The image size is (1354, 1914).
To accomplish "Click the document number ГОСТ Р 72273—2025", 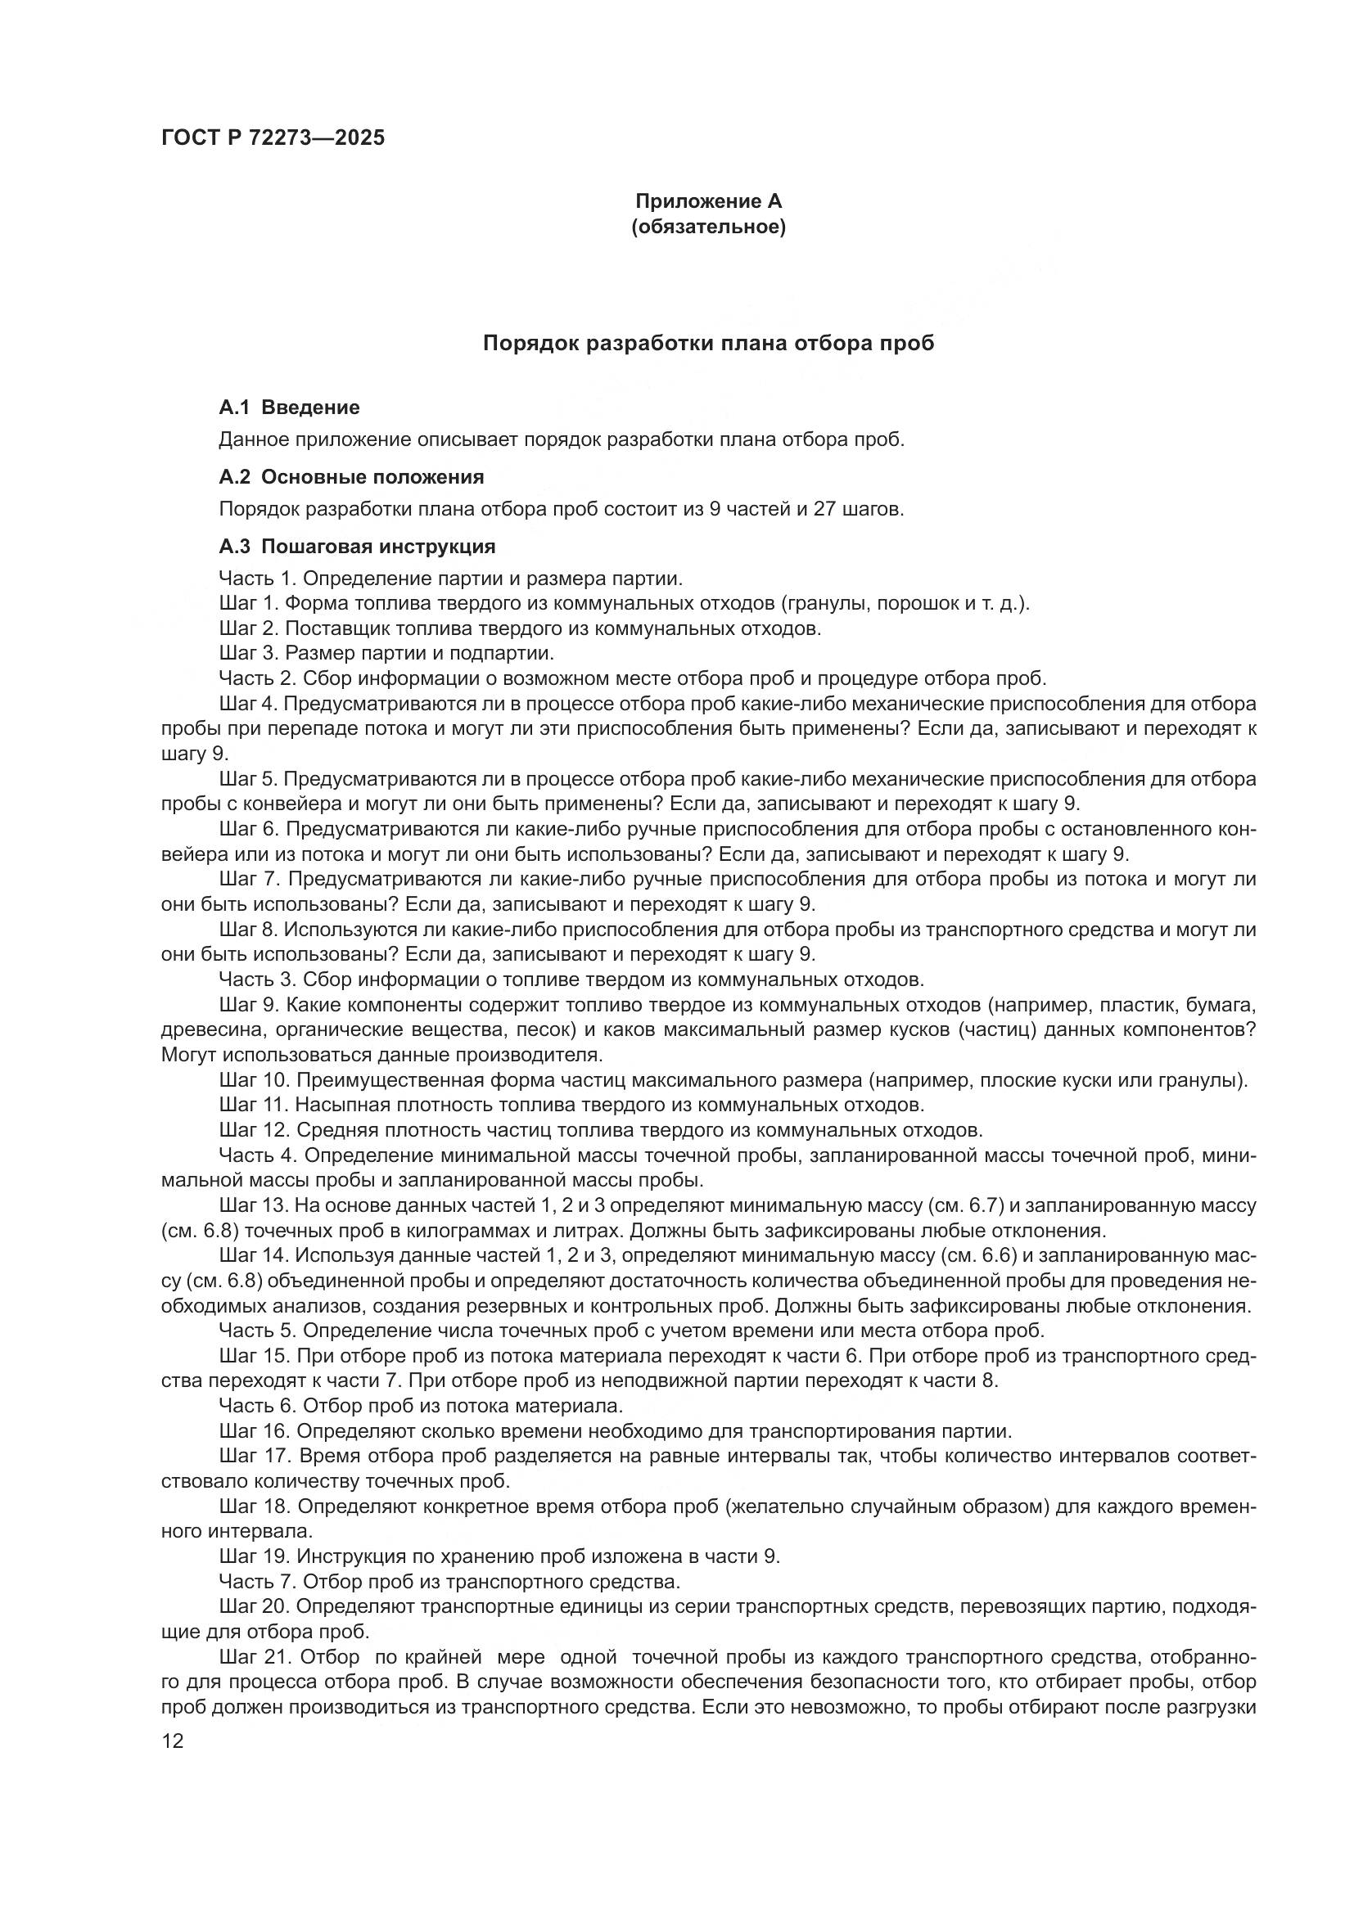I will (273, 138).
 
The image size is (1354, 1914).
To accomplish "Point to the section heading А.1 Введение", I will (288, 408).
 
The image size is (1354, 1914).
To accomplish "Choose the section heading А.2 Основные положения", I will (350, 477).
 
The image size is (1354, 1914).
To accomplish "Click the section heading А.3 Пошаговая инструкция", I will (356, 547).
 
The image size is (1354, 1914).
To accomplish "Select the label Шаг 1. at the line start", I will (250, 604).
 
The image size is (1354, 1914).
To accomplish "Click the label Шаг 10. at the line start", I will (255, 1080).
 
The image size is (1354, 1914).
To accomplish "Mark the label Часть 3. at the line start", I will (257, 979).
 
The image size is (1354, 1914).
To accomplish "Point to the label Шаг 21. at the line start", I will (255, 1656).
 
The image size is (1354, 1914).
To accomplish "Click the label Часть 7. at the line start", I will (257, 1581).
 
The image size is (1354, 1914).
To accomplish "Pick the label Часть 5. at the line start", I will (257, 1331).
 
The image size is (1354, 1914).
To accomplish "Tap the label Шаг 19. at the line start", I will (255, 1556).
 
